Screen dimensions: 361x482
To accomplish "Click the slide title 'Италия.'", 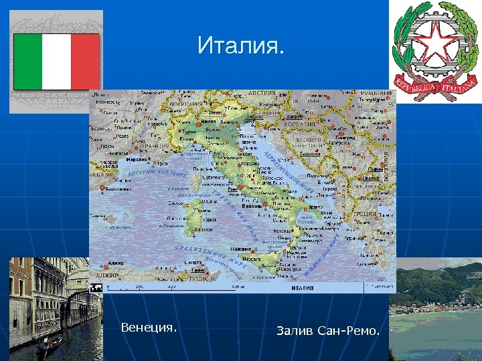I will pyautogui.click(x=240, y=46).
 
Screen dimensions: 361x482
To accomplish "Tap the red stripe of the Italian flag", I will pyautogui.click(x=85, y=62).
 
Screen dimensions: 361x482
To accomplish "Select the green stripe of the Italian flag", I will pyautogui.click(x=28, y=62).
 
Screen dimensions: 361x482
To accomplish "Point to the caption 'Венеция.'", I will pyautogui.click(x=149, y=328).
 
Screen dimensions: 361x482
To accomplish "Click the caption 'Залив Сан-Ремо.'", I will pyautogui.click(x=328, y=331).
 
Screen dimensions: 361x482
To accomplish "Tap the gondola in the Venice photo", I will pyautogui.click(x=50, y=344).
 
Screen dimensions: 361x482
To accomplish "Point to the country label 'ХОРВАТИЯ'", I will pyautogui.click(x=299, y=124).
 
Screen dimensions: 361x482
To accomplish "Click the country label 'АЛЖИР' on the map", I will pyautogui.click(x=106, y=275).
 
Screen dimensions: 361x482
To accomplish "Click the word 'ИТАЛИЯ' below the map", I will pyautogui.click(x=302, y=288).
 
